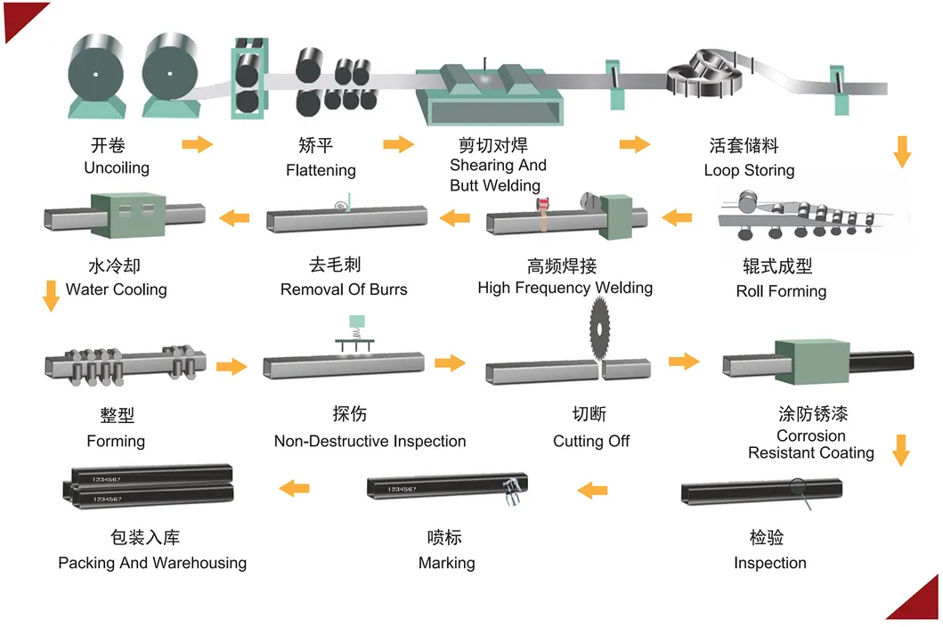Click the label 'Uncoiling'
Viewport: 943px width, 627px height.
pos(117,167)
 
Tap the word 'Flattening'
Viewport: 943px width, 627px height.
pos(321,170)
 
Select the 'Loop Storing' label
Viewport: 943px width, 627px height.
pos(749,170)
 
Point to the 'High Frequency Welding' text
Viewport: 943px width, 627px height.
pos(565,288)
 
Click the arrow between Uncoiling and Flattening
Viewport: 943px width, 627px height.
pos(197,144)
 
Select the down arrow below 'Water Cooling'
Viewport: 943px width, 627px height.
pos(51,296)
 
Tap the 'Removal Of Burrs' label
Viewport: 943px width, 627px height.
pos(344,289)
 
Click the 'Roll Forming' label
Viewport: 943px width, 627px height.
pos(781,291)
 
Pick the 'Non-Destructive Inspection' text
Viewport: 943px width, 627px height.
pos(370,441)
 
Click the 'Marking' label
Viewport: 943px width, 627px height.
pos(446,563)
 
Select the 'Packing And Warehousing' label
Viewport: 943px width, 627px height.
pos(152,563)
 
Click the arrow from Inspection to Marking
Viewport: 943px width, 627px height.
pos(592,489)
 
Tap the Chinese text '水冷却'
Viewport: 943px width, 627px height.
pos(116,266)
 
